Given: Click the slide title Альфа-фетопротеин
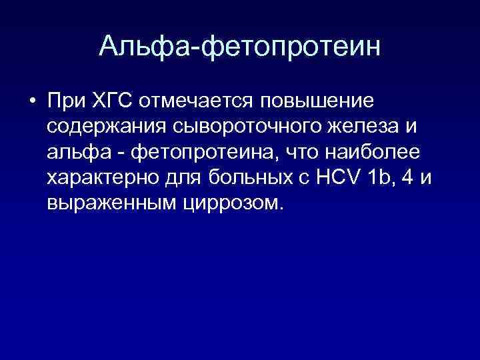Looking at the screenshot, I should tap(240, 46).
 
